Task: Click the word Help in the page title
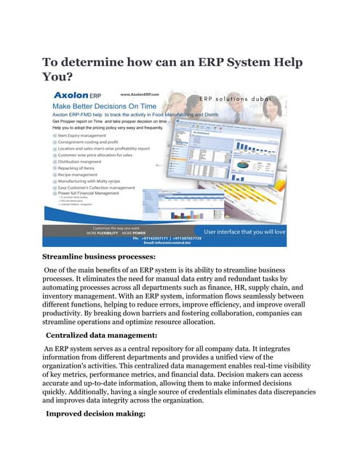[282, 62]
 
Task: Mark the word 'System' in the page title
[235, 62]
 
